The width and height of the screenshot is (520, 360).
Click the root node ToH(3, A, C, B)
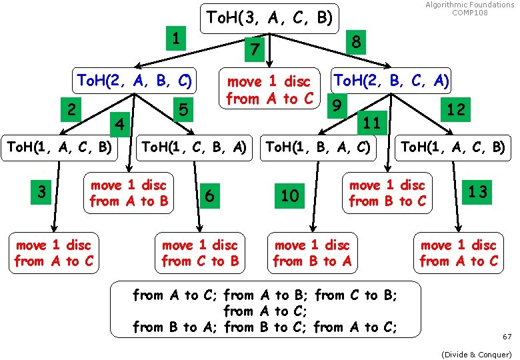click(x=269, y=17)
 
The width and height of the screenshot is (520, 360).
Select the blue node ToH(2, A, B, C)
click(x=135, y=81)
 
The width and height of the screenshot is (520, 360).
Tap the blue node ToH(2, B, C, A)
click(x=391, y=81)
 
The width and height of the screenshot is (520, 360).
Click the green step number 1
click(x=175, y=39)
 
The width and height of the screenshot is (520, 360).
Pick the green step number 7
click(x=253, y=49)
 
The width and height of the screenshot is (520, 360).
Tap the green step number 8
click(x=357, y=42)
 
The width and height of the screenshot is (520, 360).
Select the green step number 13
click(x=478, y=193)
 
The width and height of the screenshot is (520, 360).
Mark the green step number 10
click(x=290, y=195)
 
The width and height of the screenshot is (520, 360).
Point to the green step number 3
click(x=42, y=193)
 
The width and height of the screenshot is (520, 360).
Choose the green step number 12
click(x=456, y=109)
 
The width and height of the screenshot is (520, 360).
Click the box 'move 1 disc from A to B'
click(x=129, y=193)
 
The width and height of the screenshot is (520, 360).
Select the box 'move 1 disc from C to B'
click(x=200, y=253)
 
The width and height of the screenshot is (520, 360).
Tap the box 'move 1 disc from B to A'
click(x=312, y=253)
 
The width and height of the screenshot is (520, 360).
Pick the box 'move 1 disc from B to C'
click(x=387, y=193)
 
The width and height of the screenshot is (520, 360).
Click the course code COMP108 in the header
click(x=470, y=13)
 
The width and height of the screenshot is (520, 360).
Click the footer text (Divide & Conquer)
click(x=477, y=354)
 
